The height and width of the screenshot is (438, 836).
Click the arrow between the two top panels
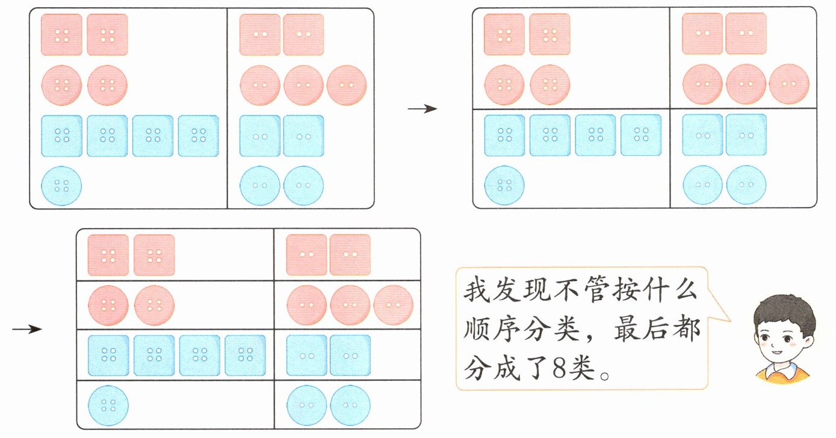click(422, 109)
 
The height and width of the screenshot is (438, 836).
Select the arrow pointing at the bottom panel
click(27, 328)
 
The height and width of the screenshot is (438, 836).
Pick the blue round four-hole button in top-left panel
click(61, 185)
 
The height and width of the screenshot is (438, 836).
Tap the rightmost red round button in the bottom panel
click(393, 305)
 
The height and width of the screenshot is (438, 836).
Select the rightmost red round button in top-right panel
click(789, 84)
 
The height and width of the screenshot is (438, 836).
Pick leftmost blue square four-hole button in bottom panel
click(108, 355)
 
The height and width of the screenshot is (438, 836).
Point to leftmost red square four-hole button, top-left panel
click(61, 35)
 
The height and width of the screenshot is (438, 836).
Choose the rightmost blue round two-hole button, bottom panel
click(350, 405)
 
